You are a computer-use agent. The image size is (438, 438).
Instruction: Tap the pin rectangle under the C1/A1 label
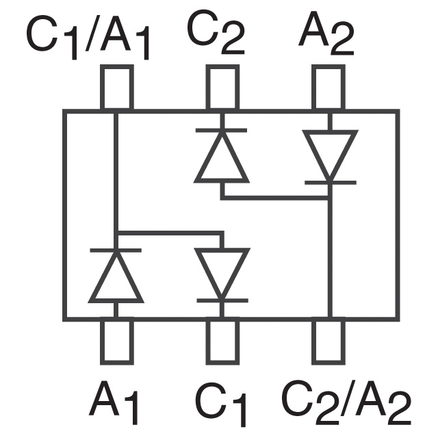pos(116,88)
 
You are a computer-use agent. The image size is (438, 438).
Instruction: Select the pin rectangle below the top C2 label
pos(222,88)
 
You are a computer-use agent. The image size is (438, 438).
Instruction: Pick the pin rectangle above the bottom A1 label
pos(116,342)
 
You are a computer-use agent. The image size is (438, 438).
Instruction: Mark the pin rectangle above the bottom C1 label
pos(222,342)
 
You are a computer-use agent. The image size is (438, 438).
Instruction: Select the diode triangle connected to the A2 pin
pos(329,152)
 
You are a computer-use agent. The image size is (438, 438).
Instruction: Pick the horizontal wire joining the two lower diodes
pos(169,233)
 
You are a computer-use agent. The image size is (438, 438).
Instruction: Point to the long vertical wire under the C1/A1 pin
pos(116,171)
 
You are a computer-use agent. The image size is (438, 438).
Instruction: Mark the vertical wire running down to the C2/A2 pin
pos(329,260)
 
